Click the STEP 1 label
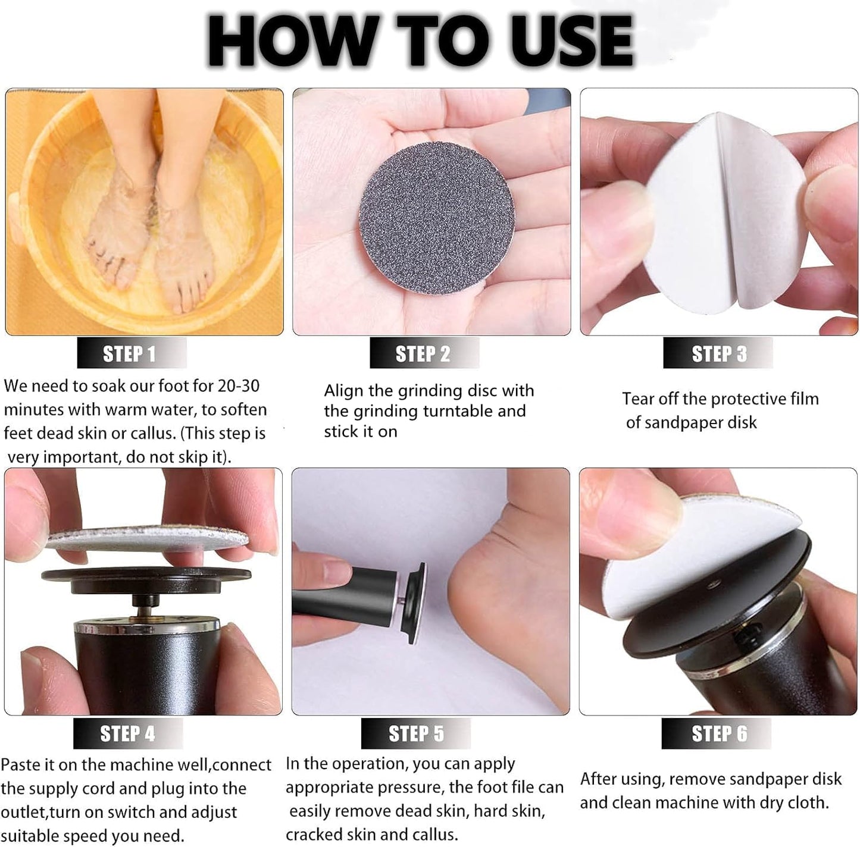click(x=130, y=354)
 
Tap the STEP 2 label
click(x=423, y=354)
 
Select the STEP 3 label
click(x=718, y=354)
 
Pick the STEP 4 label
click(x=127, y=733)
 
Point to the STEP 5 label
click(x=416, y=733)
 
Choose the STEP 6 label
click(x=718, y=733)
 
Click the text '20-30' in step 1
click(x=239, y=386)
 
